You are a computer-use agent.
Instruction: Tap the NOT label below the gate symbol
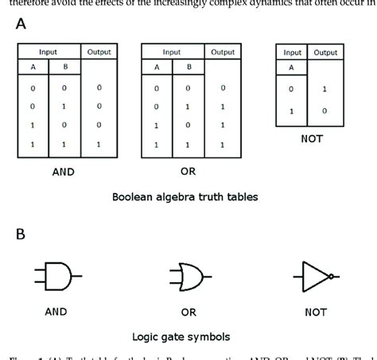point(316,312)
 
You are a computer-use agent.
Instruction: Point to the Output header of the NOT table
point(325,52)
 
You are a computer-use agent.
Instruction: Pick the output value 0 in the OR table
point(223,87)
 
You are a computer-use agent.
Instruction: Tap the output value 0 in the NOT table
point(325,111)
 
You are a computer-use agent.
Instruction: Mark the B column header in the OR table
point(188,68)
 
